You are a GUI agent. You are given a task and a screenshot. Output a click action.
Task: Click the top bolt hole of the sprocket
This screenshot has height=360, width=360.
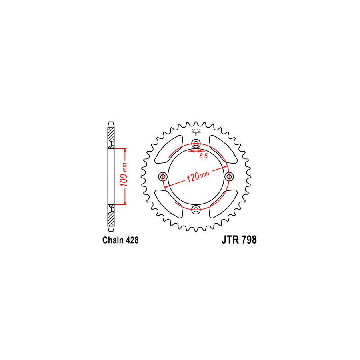(x=196, y=144)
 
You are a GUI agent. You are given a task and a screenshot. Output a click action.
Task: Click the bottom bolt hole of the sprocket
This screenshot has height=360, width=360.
(x=196, y=209)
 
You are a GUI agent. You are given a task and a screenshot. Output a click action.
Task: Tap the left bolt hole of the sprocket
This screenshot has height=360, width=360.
(x=163, y=176)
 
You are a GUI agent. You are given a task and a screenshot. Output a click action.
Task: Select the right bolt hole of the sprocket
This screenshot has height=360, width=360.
(x=229, y=176)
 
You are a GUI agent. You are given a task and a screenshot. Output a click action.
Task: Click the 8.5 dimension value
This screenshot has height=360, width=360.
(x=204, y=156)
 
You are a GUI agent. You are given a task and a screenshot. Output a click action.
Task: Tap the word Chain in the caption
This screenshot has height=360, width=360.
(x=112, y=240)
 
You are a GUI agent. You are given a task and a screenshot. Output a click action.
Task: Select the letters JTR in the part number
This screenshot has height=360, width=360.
(x=230, y=240)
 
